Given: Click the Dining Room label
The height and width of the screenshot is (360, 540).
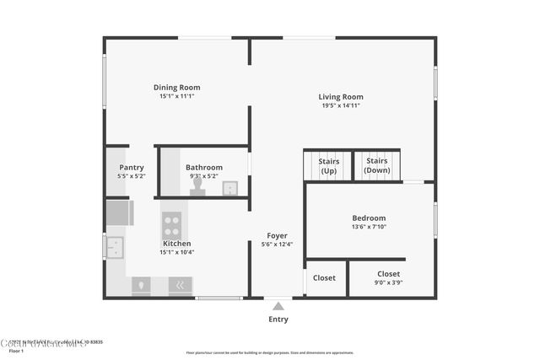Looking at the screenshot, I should (x=176, y=87).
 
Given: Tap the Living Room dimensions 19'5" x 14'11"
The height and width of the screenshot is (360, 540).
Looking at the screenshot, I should (x=341, y=105).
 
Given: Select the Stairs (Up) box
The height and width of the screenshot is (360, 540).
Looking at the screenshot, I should (x=327, y=165).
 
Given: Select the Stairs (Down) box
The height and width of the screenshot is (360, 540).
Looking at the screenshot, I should (x=376, y=165).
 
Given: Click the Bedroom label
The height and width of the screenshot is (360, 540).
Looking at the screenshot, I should (x=369, y=218).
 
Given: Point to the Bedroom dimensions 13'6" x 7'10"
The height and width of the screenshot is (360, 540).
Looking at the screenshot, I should (x=369, y=227).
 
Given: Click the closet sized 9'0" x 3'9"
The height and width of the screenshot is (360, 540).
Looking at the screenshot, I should (x=388, y=278).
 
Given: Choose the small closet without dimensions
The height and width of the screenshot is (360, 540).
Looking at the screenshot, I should (x=324, y=277).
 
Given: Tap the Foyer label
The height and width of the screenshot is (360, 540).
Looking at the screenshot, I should (x=277, y=235).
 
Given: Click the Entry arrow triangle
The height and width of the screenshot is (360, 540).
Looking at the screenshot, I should (x=278, y=306).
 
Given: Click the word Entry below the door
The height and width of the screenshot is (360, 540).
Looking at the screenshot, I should (x=278, y=319).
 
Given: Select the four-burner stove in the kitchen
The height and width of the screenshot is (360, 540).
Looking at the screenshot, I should (x=172, y=224).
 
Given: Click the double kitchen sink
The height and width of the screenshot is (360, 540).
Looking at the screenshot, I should (x=115, y=247).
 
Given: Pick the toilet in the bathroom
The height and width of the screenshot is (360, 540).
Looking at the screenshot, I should (x=197, y=185).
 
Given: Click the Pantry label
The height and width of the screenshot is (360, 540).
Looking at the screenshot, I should (x=131, y=167).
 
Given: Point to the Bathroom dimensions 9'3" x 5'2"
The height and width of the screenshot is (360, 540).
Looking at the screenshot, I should (x=204, y=176).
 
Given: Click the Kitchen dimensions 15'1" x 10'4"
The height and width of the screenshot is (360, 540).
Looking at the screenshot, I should (x=177, y=252).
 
